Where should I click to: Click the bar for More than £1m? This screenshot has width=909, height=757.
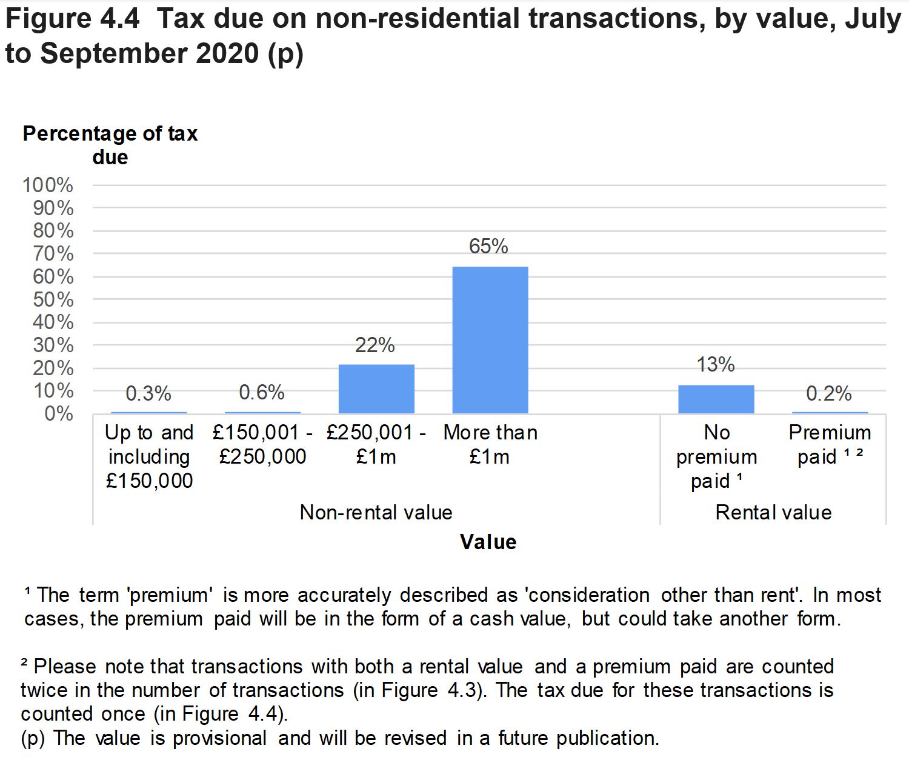[x=490, y=340]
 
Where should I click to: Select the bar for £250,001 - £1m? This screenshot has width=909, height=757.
[x=376, y=389]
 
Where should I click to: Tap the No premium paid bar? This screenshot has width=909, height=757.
[x=716, y=399]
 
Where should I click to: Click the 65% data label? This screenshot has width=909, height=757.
[x=488, y=246]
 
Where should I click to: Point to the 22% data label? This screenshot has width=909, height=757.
[x=375, y=345]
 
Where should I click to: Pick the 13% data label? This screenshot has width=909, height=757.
[x=716, y=364]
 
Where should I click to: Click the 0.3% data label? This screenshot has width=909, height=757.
[x=148, y=394]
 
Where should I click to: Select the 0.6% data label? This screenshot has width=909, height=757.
[x=262, y=393]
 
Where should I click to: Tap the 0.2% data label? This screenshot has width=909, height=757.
[x=829, y=394]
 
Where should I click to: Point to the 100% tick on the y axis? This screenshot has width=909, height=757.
[x=48, y=185]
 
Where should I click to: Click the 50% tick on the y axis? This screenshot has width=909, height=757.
[x=53, y=299]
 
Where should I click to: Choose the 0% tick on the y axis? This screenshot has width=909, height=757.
[x=59, y=414]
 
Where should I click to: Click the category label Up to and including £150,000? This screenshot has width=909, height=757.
[x=149, y=456]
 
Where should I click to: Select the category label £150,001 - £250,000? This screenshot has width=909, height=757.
[x=262, y=444]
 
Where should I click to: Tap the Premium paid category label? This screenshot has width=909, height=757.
[x=830, y=444]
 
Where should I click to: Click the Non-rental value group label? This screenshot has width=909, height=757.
[x=376, y=513]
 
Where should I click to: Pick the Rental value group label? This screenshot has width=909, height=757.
[x=773, y=513]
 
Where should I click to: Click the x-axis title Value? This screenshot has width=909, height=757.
[x=488, y=542]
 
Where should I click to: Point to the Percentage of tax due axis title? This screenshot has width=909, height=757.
[x=110, y=145]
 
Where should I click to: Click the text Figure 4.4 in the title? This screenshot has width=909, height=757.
[x=72, y=19]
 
